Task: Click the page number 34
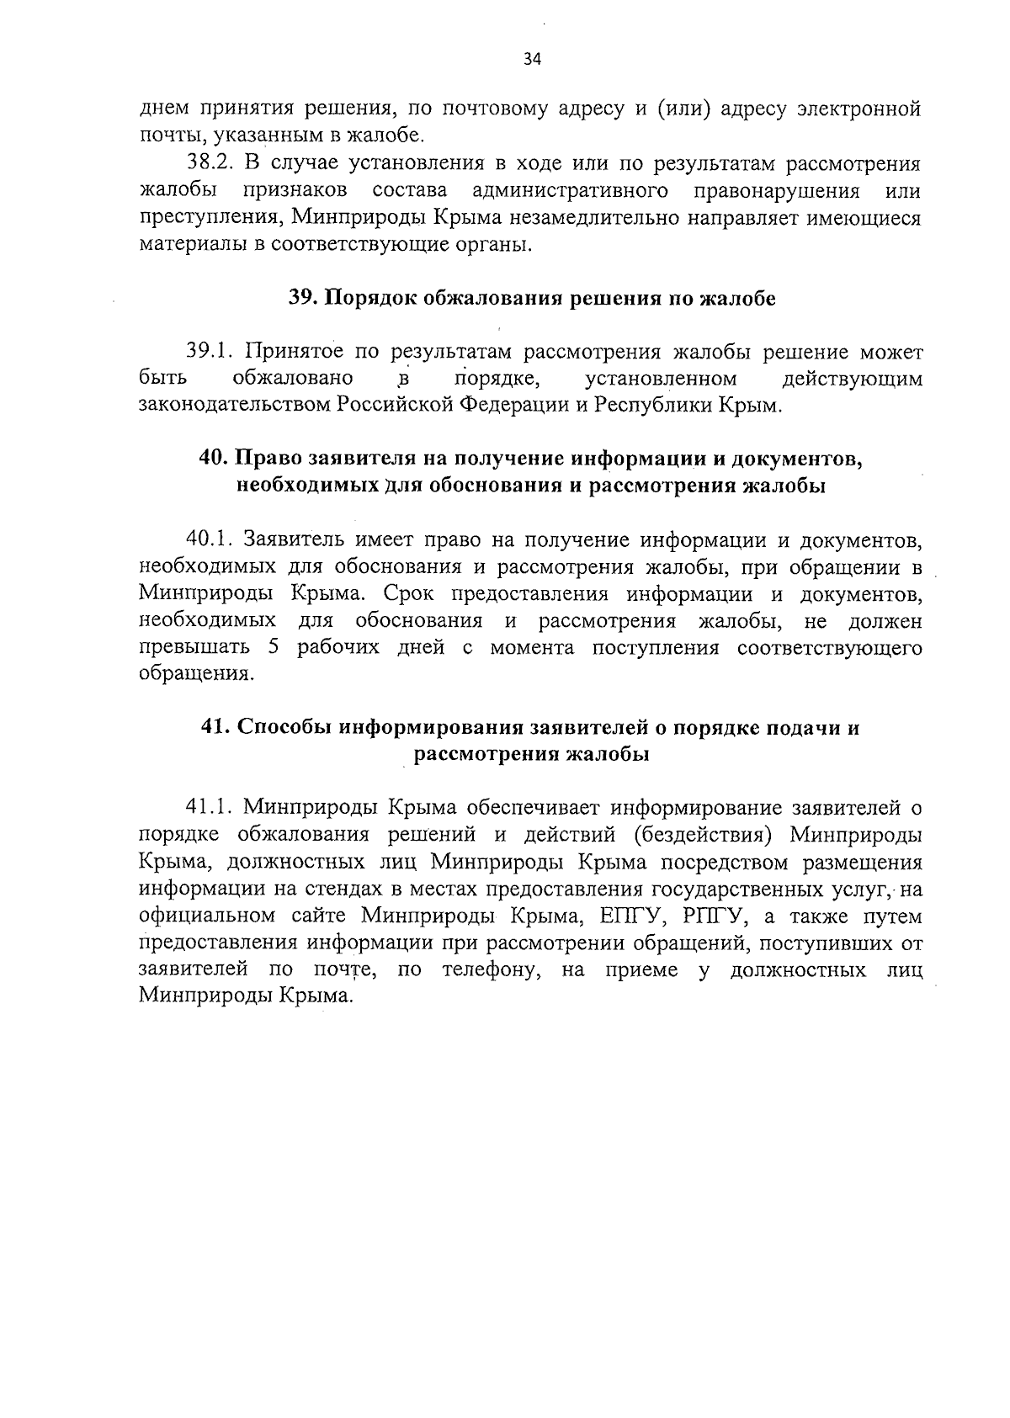pyautogui.click(x=532, y=59)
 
